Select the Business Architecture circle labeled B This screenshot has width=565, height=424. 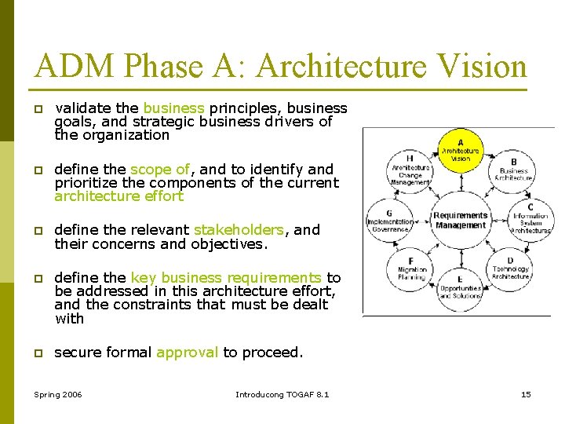pos(514,166)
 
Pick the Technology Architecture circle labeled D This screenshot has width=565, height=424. pos(510,269)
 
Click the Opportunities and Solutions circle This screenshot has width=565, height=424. pos(461,287)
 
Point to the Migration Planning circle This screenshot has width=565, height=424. pos(411,269)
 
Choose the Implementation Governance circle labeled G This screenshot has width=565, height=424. pos(390,221)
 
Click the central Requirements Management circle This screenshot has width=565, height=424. pos(461,220)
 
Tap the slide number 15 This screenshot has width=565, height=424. pos(526,393)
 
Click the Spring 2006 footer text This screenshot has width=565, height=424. pos(59,393)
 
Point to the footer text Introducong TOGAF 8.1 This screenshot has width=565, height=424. pos(282,393)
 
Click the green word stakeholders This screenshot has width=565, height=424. pos(239,230)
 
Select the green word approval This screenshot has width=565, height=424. pos(187,353)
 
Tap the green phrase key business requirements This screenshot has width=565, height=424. pos(226,277)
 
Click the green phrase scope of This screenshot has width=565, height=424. pos(160,169)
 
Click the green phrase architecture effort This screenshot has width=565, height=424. pos(118,196)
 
